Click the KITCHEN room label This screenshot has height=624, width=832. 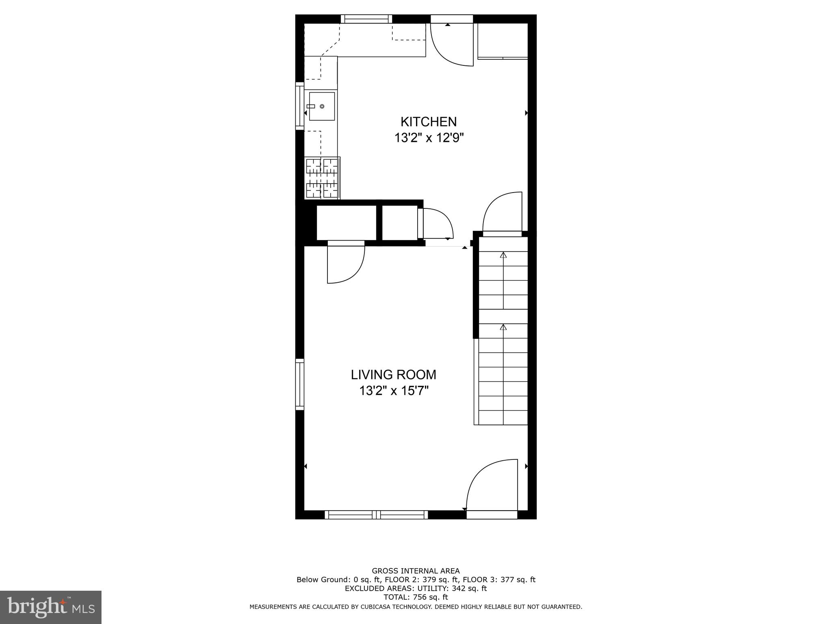click(x=429, y=121)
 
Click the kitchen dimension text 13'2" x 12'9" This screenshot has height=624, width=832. click(x=429, y=138)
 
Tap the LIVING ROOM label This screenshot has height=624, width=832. click(x=393, y=374)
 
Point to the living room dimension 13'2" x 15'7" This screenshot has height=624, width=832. click(x=393, y=391)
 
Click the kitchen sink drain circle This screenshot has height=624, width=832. click(x=322, y=106)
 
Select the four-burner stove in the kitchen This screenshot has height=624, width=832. click(x=322, y=178)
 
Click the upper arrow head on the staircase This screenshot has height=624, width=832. click(x=503, y=255)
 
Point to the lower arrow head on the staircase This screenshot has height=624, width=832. click(x=503, y=327)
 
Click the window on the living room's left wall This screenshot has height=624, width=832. click(x=299, y=384)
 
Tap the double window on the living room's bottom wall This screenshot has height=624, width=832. click(x=376, y=515)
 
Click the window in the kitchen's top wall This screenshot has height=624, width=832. click(x=366, y=19)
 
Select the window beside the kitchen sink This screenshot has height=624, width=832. click(x=299, y=106)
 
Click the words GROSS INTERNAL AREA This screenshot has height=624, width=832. click(x=416, y=571)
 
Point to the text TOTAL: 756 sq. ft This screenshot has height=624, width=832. click(x=416, y=597)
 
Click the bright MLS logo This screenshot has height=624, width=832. click(x=50, y=607)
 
